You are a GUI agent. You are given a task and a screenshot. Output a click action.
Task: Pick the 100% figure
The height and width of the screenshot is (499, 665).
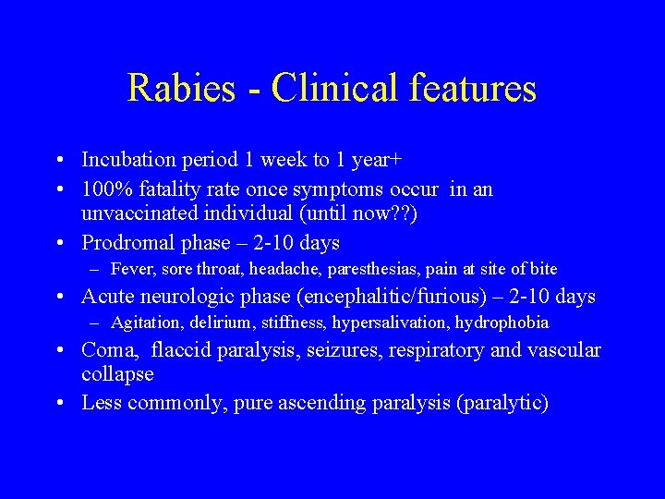pos(106,189)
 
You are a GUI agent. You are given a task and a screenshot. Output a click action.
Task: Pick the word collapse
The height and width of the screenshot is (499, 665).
pos(117,374)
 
